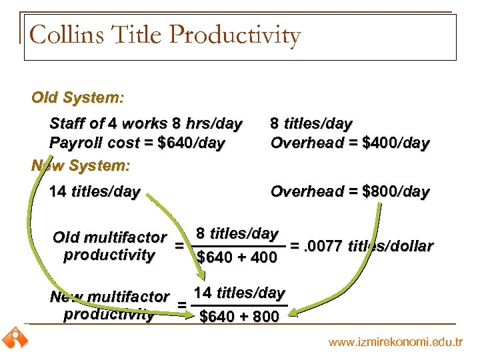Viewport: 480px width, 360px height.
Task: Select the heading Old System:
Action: (x=77, y=97)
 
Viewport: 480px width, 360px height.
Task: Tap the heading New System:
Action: (x=81, y=164)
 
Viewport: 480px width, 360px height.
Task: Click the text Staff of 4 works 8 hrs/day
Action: (x=146, y=123)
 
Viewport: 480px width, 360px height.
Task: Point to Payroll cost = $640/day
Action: (x=137, y=143)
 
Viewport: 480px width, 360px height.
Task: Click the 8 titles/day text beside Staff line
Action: (x=311, y=123)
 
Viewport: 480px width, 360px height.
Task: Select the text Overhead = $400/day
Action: (x=350, y=143)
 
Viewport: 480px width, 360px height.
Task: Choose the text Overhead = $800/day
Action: (x=350, y=192)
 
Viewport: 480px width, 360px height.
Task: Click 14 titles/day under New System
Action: (x=95, y=192)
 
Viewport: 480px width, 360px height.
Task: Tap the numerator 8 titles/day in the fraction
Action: (x=237, y=233)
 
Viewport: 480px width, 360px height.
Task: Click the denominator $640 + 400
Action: (x=237, y=257)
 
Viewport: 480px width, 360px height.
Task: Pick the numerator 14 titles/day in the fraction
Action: (x=239, y=293)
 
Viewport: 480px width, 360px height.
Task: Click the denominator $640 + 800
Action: (x=239, y=317)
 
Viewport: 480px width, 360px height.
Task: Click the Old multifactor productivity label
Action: (x=109, y=245)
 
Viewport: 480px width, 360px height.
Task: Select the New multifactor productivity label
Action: (x=109, y=305)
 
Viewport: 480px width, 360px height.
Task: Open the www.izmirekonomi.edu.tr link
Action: (x=395, y=342)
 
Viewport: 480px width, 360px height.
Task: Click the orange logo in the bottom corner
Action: (x=14, y=339)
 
